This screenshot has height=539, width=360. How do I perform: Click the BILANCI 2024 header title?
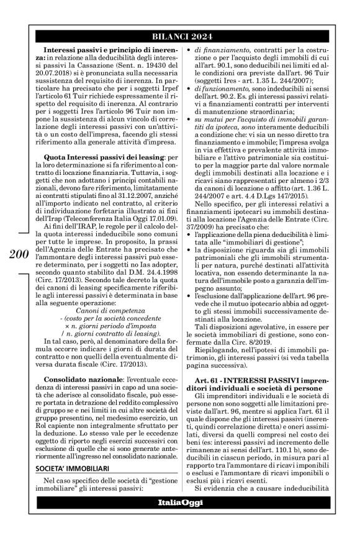pos(179,35)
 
